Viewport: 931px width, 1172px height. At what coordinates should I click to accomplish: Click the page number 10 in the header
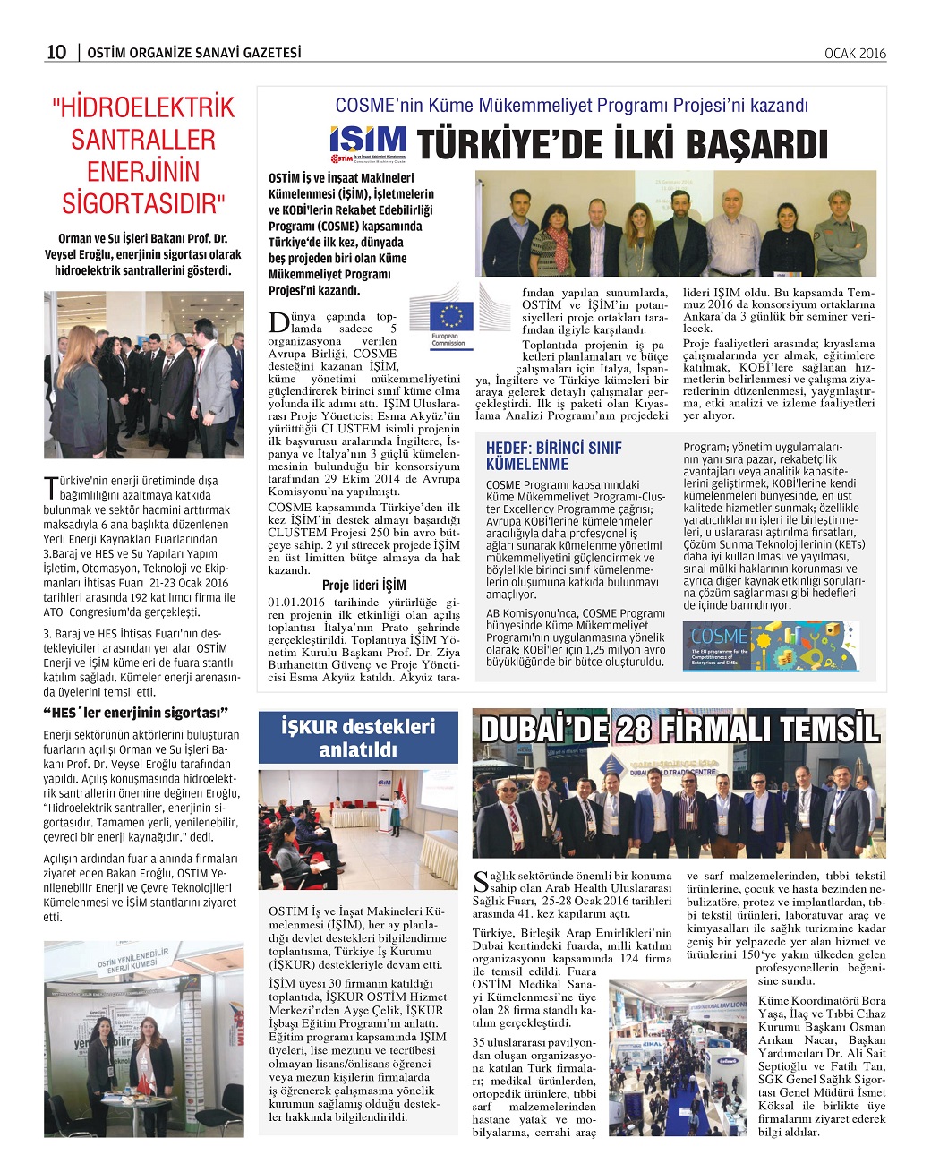point(56,52)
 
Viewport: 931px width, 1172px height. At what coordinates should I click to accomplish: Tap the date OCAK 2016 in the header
point(855,54)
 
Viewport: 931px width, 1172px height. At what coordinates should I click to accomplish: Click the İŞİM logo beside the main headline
point(367,145)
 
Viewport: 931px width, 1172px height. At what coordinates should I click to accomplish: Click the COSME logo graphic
point(771,646)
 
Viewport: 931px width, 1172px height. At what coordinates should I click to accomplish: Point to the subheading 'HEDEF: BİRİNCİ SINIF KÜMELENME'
point(553,456)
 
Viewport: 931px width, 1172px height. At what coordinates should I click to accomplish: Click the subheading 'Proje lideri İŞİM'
point(363,585)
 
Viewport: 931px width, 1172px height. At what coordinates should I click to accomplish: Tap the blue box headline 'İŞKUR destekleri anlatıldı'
point(358,738)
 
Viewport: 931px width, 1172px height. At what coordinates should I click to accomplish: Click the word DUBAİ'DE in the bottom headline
point(544,729)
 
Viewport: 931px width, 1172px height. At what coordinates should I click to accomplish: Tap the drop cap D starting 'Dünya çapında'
point(278,324)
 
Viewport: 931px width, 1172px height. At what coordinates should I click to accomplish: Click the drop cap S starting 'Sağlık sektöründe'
point(482,881)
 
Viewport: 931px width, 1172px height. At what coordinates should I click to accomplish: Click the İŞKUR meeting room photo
point(358,829)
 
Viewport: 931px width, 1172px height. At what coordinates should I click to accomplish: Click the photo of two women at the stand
point(143,1039)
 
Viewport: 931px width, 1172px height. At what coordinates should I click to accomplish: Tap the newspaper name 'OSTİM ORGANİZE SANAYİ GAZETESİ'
point(194,53)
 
